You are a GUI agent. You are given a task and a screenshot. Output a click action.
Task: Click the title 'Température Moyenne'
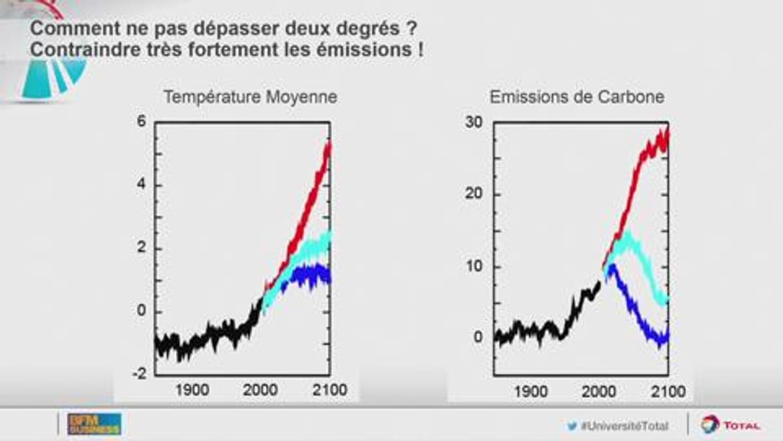(x=251, y=97)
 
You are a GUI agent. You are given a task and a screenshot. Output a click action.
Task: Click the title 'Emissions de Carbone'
(x=577, y=97)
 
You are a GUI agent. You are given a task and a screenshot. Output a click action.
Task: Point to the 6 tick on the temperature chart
(x=142, y=123)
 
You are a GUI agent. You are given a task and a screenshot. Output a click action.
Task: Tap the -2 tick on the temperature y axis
(x=140, y=373)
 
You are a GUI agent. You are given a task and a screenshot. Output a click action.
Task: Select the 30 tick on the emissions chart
(x=473, y=123)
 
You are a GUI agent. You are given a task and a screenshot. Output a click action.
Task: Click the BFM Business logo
(x=95, y=424)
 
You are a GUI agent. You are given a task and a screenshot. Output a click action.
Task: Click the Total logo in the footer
(x=731, y=425)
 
